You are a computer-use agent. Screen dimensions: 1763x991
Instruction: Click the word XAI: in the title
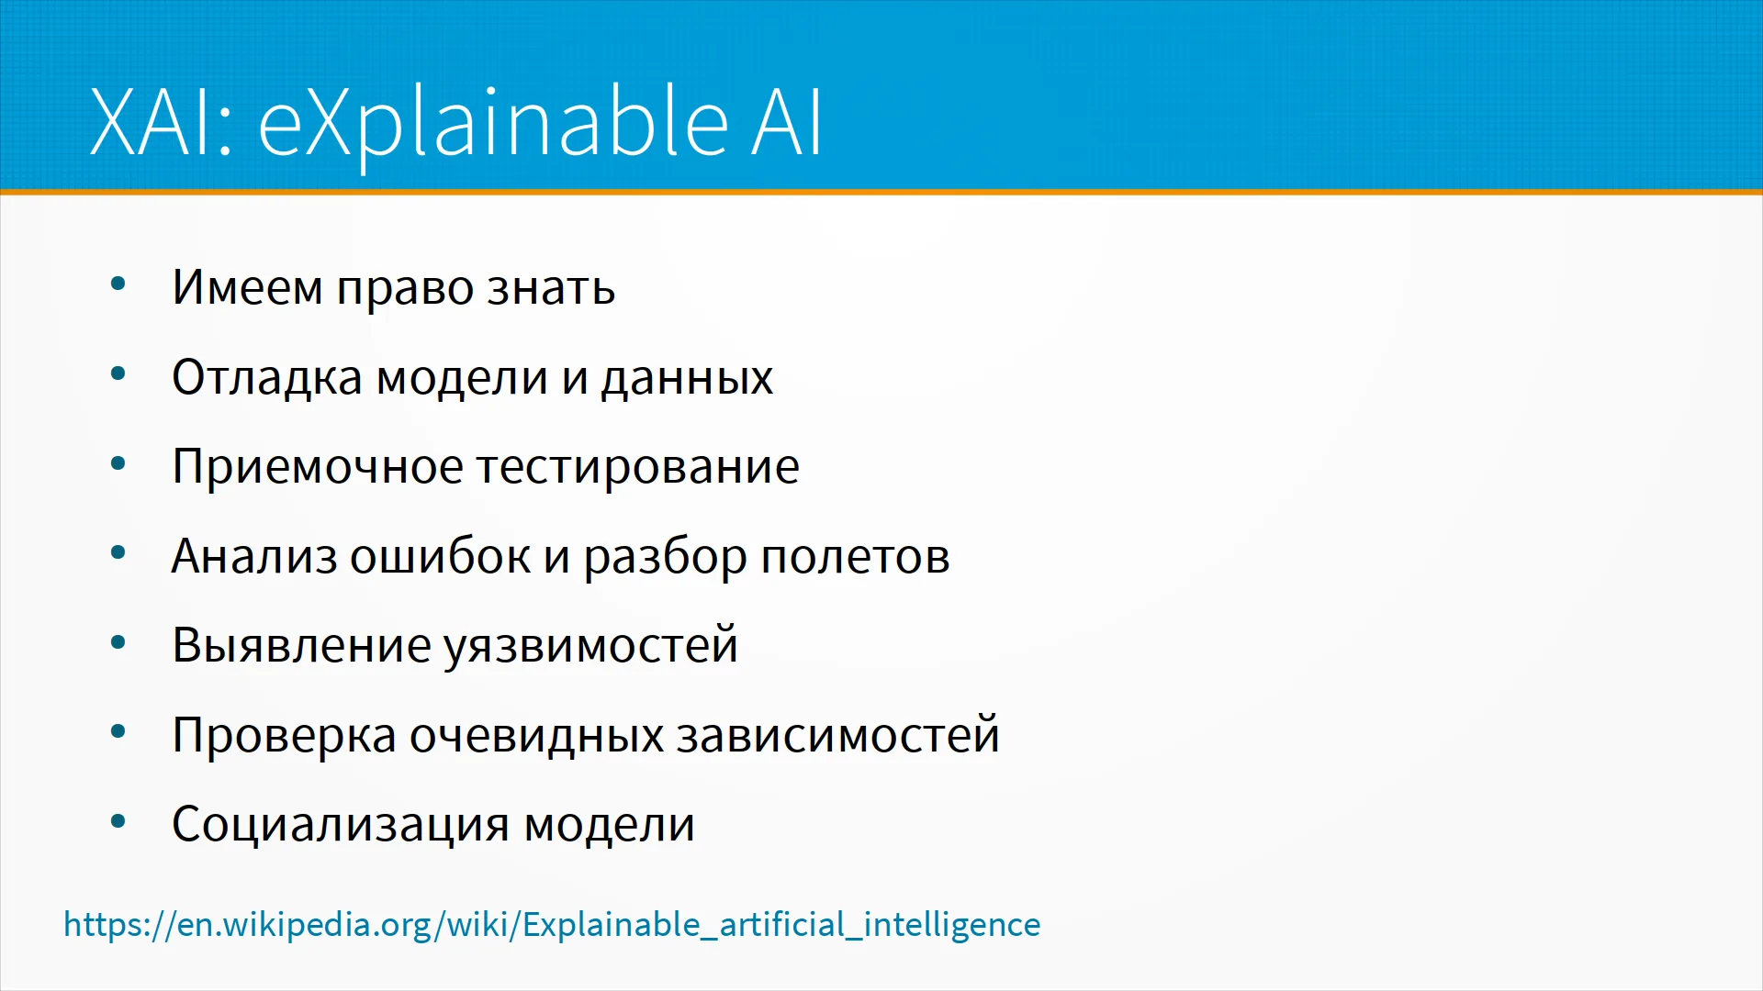[162, 123]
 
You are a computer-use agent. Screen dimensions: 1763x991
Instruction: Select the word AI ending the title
[786, 123]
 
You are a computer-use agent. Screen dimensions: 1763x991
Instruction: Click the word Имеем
[247, 287]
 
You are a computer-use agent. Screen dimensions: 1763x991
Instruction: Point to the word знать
[551, 289]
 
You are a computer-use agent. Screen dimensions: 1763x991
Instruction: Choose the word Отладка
[267, 377]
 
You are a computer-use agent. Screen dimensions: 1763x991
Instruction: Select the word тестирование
[638, 468]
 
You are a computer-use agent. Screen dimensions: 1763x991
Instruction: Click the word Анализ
[254, 556]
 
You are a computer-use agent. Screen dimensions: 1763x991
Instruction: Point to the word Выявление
[301, 645]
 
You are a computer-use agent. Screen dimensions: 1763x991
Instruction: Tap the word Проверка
[285, 736]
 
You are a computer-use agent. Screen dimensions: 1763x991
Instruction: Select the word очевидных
[536, 736]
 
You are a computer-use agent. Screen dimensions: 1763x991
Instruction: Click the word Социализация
[341, 825]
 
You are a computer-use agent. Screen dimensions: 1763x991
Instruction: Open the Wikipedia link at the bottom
[552, 925]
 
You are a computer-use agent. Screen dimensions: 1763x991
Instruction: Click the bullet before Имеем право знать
[118, 284]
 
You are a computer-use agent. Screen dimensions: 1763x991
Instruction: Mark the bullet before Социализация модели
[118, 822]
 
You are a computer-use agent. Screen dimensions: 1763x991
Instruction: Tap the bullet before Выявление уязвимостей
[118, 643]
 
